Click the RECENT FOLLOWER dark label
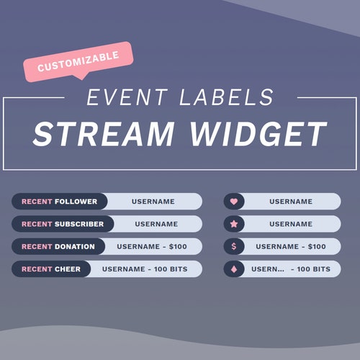click(60, 202)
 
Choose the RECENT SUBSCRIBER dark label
click(63, 224)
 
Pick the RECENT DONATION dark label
click(58, 246)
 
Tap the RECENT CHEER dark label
click(51, 269)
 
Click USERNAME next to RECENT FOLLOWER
click(153, 202)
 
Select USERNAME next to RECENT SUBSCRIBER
click(156, 224)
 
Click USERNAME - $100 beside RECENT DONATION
click(152, 246)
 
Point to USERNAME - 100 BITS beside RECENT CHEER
click(145, 269)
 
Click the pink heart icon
click(233, 202)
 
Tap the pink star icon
click(233, 224)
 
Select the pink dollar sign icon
click(233, 246)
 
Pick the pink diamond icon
click(233, 269)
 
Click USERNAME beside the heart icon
click(291, 202)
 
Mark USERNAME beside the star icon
click(291, 224)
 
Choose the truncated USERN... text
click(268, 269)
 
